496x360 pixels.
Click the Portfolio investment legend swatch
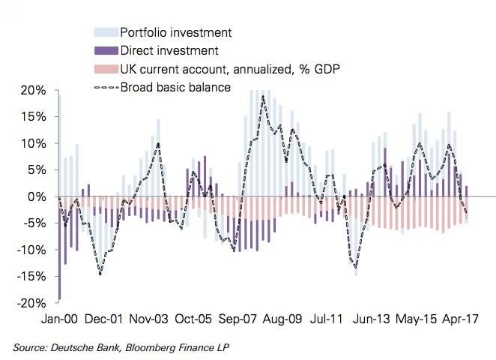click(x=106, y=33)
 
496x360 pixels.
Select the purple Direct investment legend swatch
click(x=106, y=51)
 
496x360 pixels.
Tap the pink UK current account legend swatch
click(x=106, y=69)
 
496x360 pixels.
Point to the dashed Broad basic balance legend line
click(x=106, y=87)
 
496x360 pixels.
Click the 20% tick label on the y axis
click(x=34, y=90)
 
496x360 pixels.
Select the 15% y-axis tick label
click(x=34, y=117)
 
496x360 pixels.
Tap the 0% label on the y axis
click(x=37, y=196)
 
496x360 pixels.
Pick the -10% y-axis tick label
click(x=31, y=250)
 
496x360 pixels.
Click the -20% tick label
click(x=31, y=303)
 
